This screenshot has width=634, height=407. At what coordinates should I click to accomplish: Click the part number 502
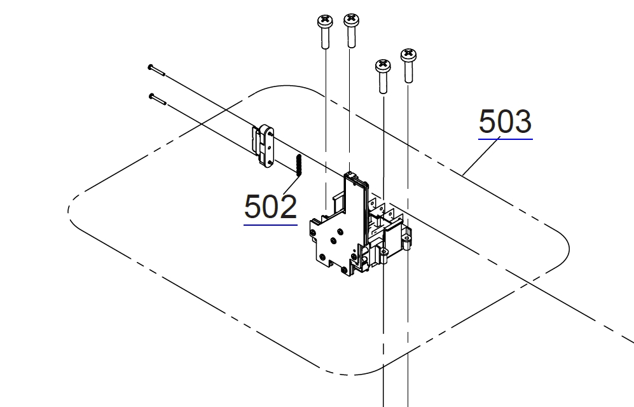[x=270, y=207]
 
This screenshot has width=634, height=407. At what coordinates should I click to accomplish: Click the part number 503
[x=505, y=121]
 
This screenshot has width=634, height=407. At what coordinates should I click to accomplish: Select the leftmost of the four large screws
[x=325, y=32]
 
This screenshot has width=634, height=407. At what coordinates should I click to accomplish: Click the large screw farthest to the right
[x=409, y=66]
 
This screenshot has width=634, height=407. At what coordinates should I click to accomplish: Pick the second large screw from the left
[x=352, y=31]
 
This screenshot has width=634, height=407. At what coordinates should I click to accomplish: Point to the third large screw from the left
[x=383, y=76]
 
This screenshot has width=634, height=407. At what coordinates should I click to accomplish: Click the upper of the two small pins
[x=156, y=70]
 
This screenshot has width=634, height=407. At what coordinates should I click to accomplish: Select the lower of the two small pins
[x=158, y=99]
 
